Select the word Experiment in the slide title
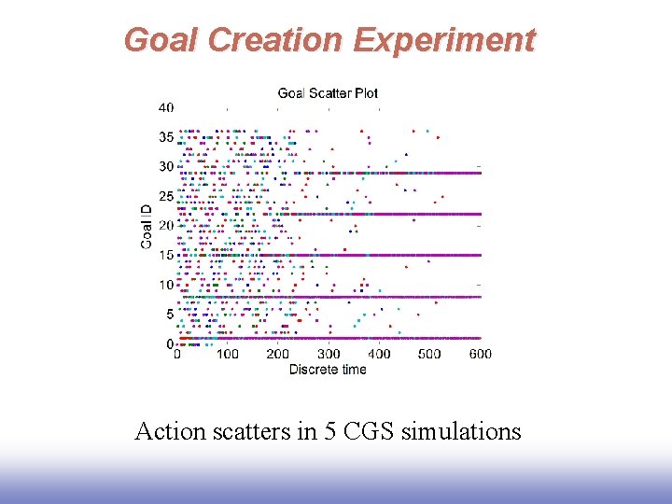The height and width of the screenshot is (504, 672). tap(444, 40)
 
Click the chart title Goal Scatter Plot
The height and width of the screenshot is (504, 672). tap(328, 92)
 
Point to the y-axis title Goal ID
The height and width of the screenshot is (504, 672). tap(147, 226)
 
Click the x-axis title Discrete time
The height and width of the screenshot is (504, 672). tap(328, 370)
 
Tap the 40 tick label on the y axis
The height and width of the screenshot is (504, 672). tap(165, 108)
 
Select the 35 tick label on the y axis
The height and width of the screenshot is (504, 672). tap(165, 137)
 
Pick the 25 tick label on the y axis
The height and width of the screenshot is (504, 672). tap(165, 197)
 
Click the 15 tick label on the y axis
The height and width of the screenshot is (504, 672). tap(165, 256)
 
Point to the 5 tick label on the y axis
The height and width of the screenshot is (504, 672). tap(169, 315)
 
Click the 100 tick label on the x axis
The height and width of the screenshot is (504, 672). tap(228, 354)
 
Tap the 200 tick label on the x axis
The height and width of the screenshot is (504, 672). tap(278, 354)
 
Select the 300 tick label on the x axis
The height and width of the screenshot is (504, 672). tap(329, 354)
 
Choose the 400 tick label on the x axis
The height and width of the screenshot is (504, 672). tap(379, 354)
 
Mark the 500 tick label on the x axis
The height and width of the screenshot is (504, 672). tap(429, 354)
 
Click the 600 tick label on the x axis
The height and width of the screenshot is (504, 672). tap(480, 354)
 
